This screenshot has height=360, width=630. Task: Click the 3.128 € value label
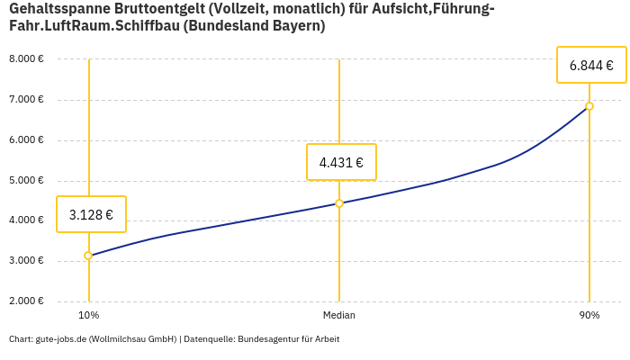tap(91, 214)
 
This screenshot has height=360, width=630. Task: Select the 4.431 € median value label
tap(341, 162)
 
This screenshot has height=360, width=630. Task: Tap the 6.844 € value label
tap(591, 65)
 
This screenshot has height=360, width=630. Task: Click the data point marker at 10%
tap(88, 256)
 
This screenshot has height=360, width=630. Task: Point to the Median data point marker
tap(339, 203)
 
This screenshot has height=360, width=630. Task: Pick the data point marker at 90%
tap(589, 106)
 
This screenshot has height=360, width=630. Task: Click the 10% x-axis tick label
tap(88, 315)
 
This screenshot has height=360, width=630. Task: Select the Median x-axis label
tap(339, 315)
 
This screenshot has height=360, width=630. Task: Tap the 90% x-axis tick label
tap(589, 315)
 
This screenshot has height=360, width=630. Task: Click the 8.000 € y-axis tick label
tap(26, 59)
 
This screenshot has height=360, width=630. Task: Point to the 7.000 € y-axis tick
tap(26, 100)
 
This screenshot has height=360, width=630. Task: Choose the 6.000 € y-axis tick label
tap(26, 140)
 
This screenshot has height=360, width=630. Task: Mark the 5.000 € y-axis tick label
tap(26, 180)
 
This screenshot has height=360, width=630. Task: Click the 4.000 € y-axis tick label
tap(26, 220)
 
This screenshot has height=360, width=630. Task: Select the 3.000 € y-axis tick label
tap(26, 261)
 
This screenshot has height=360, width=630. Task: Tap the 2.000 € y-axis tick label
tap(26, 301)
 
